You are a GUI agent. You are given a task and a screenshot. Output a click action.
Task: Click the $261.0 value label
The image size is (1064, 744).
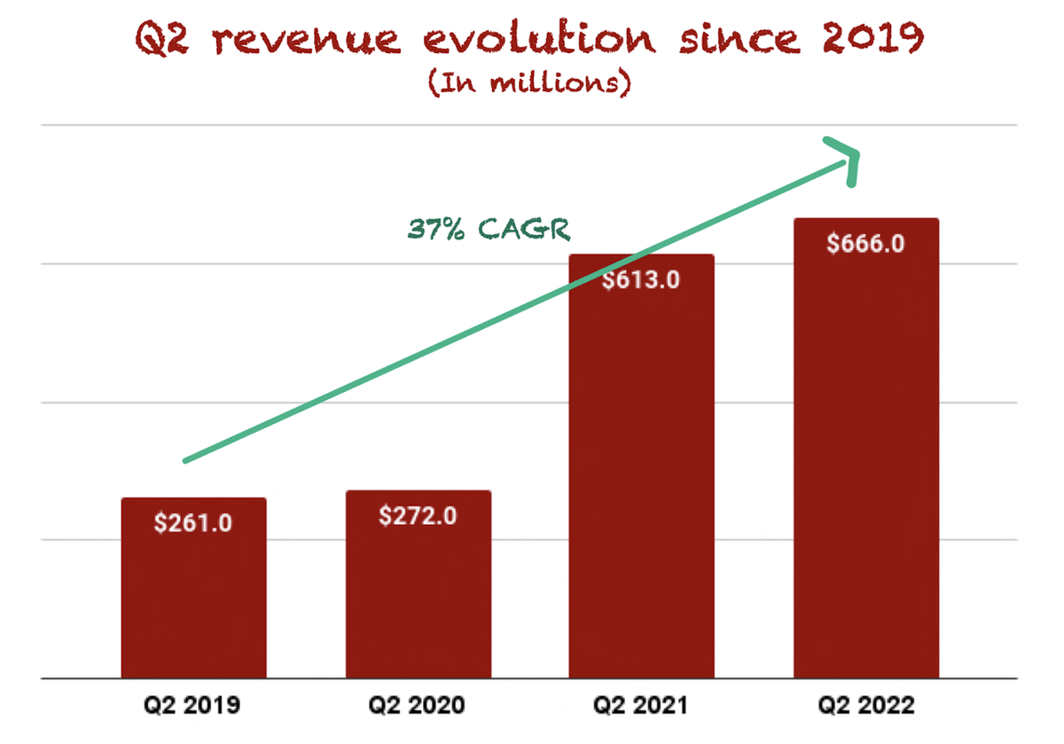(193, 523)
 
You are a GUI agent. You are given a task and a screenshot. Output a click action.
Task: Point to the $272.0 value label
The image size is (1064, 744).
(418, 515)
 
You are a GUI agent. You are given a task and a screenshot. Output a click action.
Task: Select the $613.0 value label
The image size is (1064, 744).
(641, 279)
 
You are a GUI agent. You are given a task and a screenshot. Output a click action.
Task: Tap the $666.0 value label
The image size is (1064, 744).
(865, 243)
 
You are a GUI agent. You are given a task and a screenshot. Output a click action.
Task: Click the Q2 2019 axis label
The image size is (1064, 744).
(193, 706)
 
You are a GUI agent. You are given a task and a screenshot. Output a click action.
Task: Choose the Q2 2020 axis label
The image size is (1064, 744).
(418, 706)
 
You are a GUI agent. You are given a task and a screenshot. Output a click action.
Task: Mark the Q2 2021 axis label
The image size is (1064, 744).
(641, 706)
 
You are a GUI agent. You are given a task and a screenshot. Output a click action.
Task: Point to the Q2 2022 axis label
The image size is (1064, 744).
(865, 706)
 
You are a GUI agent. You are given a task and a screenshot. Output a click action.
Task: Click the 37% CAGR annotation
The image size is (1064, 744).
(489, 229)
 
